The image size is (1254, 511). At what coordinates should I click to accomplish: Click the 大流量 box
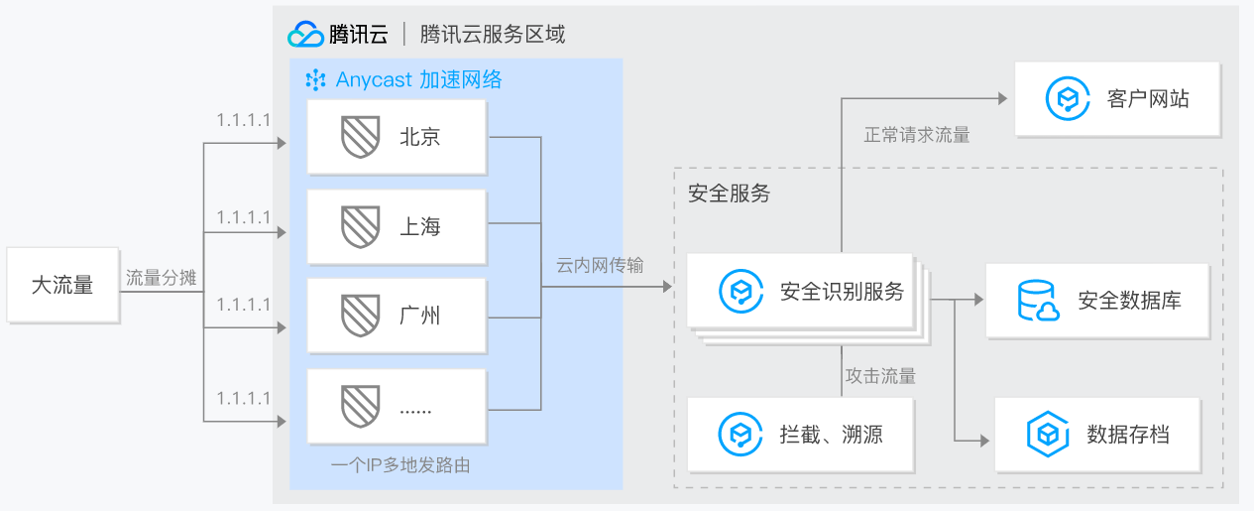pyautogui.click(x=62, y=286)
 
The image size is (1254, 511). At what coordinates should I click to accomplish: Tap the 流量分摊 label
pyautogui.click(x=161, y=278)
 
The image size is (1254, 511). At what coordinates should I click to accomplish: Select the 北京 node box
pyautogui.click(x=397, y=137)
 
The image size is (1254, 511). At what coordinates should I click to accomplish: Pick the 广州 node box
pyautogui.click(x=397, y=317)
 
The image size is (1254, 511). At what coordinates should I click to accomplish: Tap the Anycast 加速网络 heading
pyautogui.click(x=404, y=80)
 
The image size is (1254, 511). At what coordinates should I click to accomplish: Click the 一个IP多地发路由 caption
pyautogui.click(x=400, y=463)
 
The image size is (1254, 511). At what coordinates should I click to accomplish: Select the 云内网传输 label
pyautogui.click(x=600, y=265)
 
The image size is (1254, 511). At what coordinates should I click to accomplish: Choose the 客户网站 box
pyautogui.click(x=1116, y=99)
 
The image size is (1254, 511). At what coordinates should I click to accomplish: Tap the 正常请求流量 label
pyautogui.click(x=917, y=135)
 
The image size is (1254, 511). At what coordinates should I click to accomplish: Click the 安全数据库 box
pyautogui.click(x=1097, y=301)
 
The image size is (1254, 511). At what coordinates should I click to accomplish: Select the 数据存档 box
pyautogui.click(x=1096, y=435)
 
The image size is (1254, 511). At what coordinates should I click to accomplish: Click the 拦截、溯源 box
pyautogui.click(x=799, y=434)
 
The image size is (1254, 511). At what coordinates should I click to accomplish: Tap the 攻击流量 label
pyautogui.click(x=880, y=376)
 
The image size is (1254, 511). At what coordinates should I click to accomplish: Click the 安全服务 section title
pyautogui.click(x=729, y=193)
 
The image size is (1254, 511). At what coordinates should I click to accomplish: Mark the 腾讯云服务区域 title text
pyautogui.click(x=493, y=34)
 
